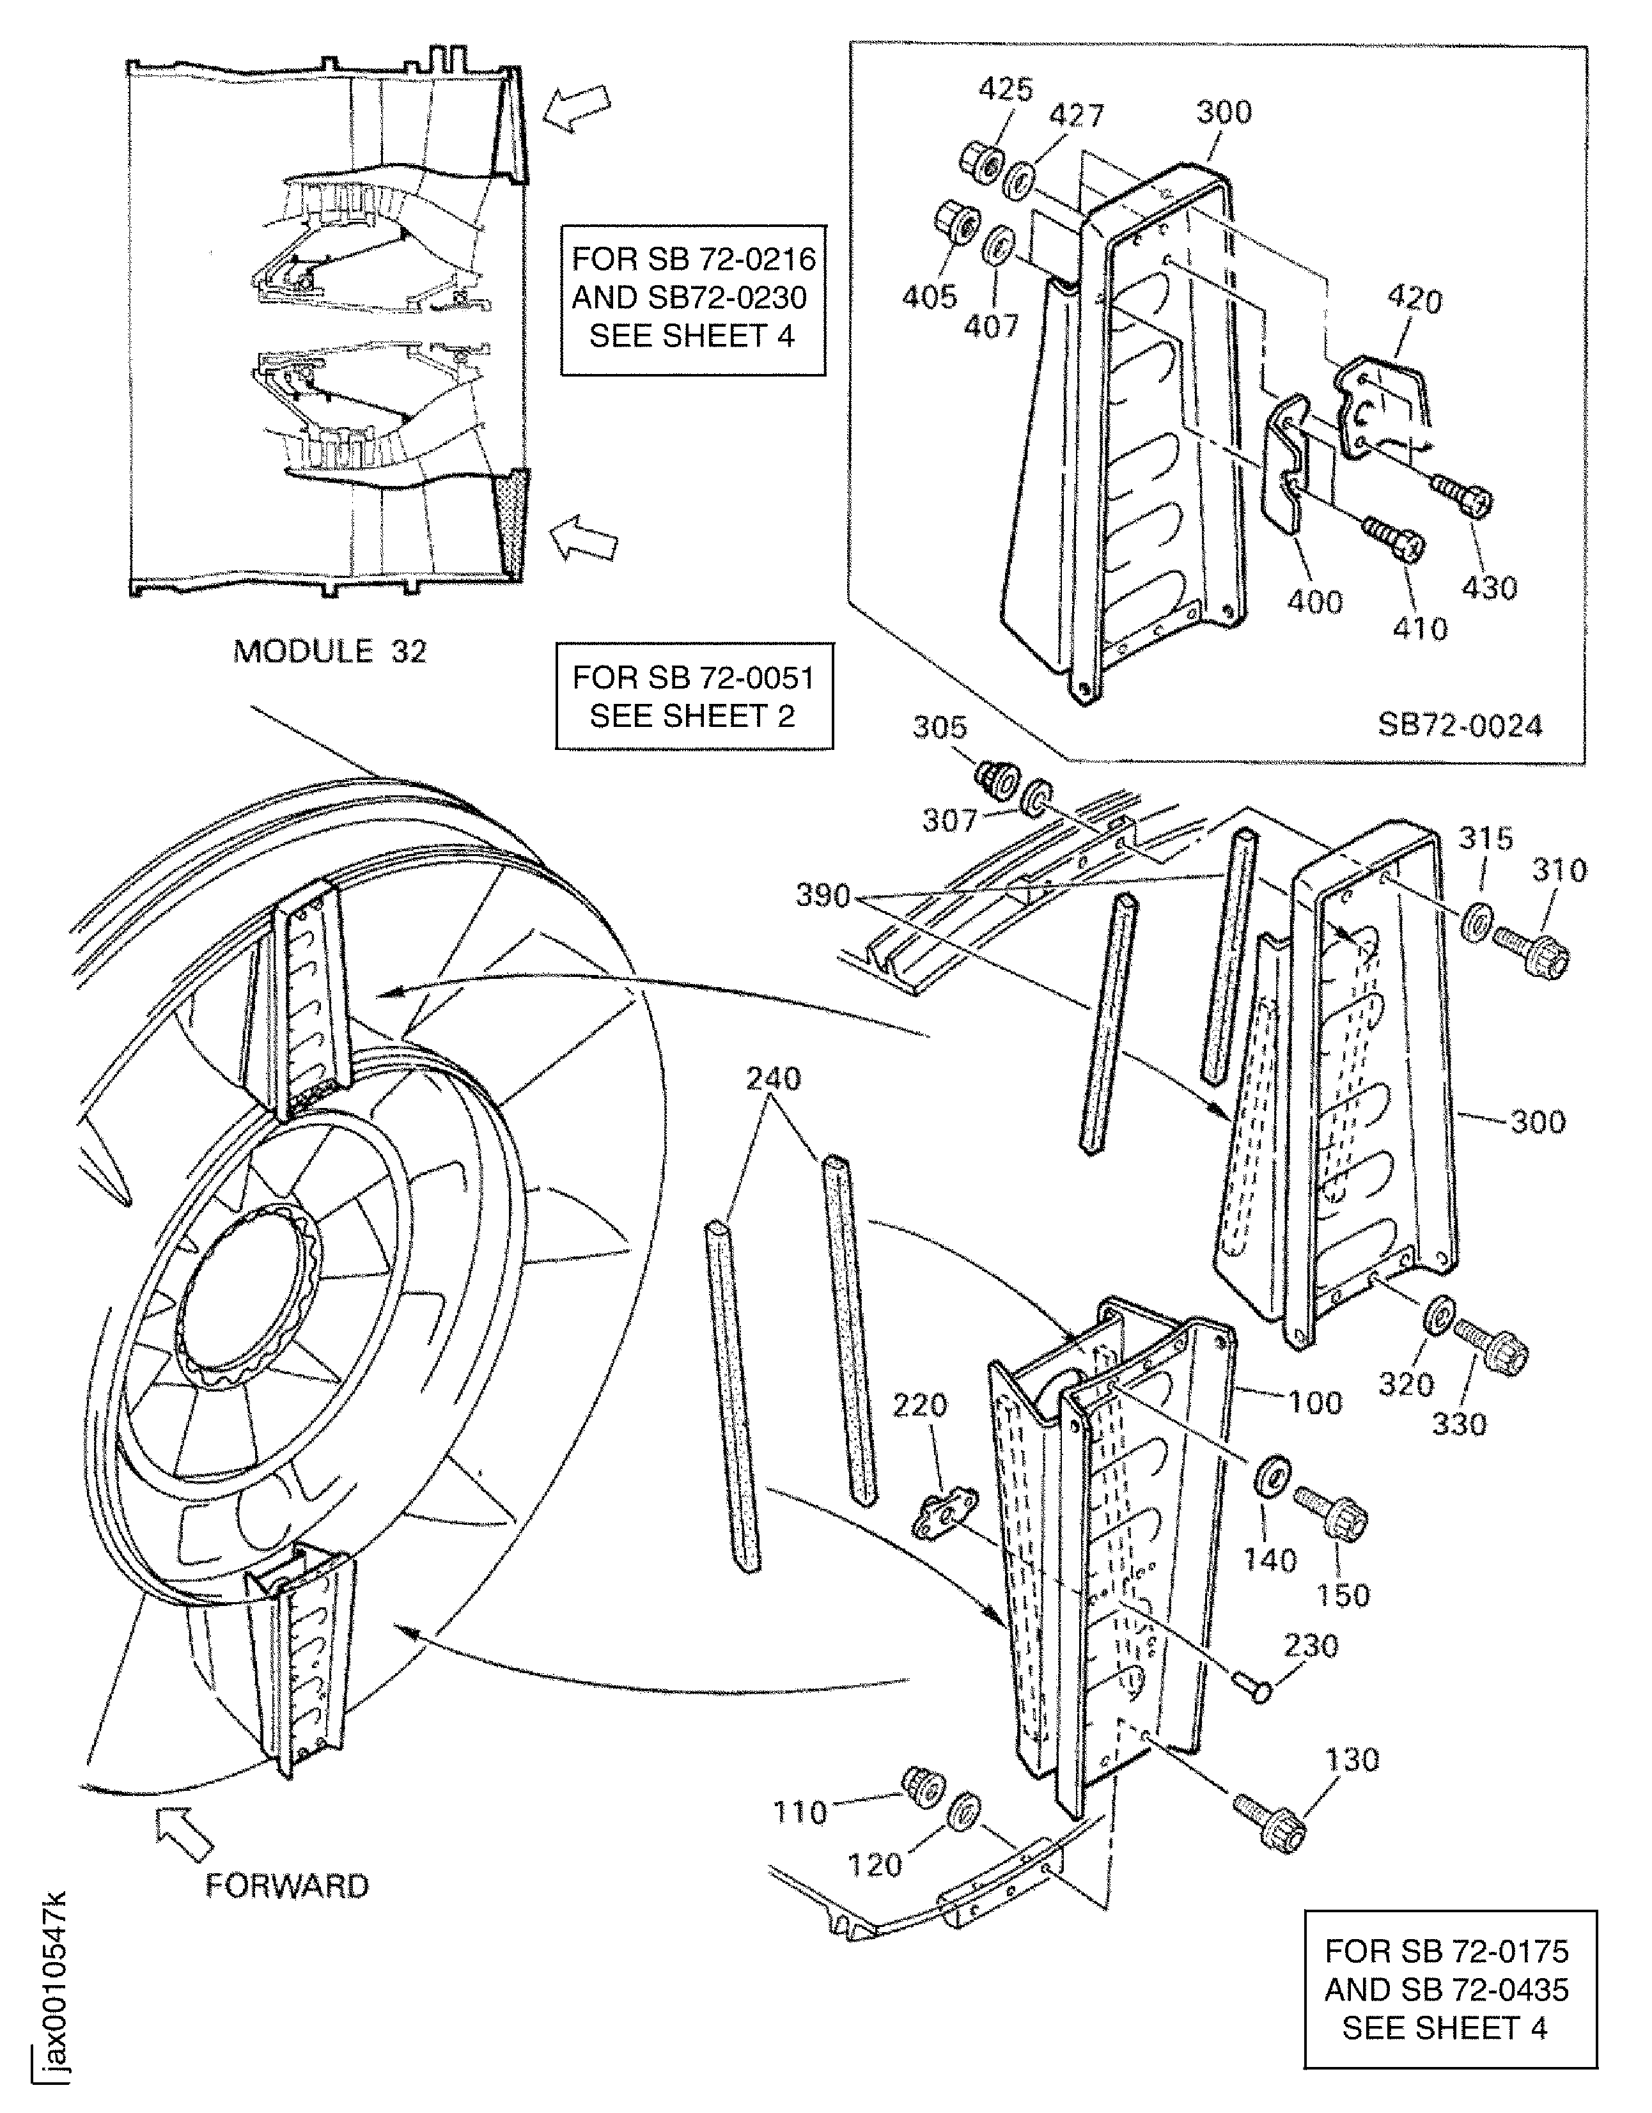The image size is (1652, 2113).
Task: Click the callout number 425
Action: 1006,89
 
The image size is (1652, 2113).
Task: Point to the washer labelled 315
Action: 1477,917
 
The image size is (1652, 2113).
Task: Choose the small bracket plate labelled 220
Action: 944,1514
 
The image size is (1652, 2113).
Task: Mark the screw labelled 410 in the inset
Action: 1394,538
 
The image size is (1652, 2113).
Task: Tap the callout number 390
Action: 822,896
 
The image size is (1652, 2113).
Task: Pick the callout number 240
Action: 774,1079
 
